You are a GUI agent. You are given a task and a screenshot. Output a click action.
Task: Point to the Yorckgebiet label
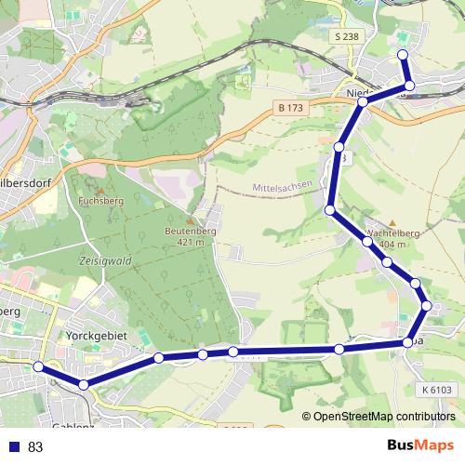(x=95, y=334)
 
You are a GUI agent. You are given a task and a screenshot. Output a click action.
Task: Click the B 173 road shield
(x=290, y=109)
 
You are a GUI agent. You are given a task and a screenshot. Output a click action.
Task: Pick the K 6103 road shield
(x=435, y=390)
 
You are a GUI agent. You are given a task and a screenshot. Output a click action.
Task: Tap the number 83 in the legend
(x=35, y=447)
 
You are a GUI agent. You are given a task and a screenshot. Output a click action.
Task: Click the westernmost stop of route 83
(x=39, y=367)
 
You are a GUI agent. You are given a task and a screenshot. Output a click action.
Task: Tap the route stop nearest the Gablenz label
(x=84, y=384)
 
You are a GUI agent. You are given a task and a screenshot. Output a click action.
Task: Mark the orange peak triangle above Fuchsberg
(x=96, y=189)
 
